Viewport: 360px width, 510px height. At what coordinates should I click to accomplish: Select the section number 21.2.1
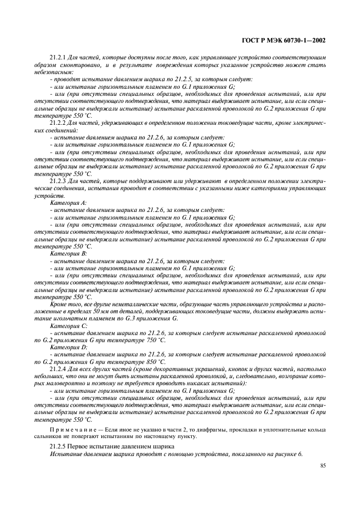tap(58, 57)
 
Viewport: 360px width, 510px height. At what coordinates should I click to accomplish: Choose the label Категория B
tap(64, 254)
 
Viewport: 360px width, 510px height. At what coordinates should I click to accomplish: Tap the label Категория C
tap(64, 325)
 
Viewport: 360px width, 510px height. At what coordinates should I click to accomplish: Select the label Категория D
tap(64, 347)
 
